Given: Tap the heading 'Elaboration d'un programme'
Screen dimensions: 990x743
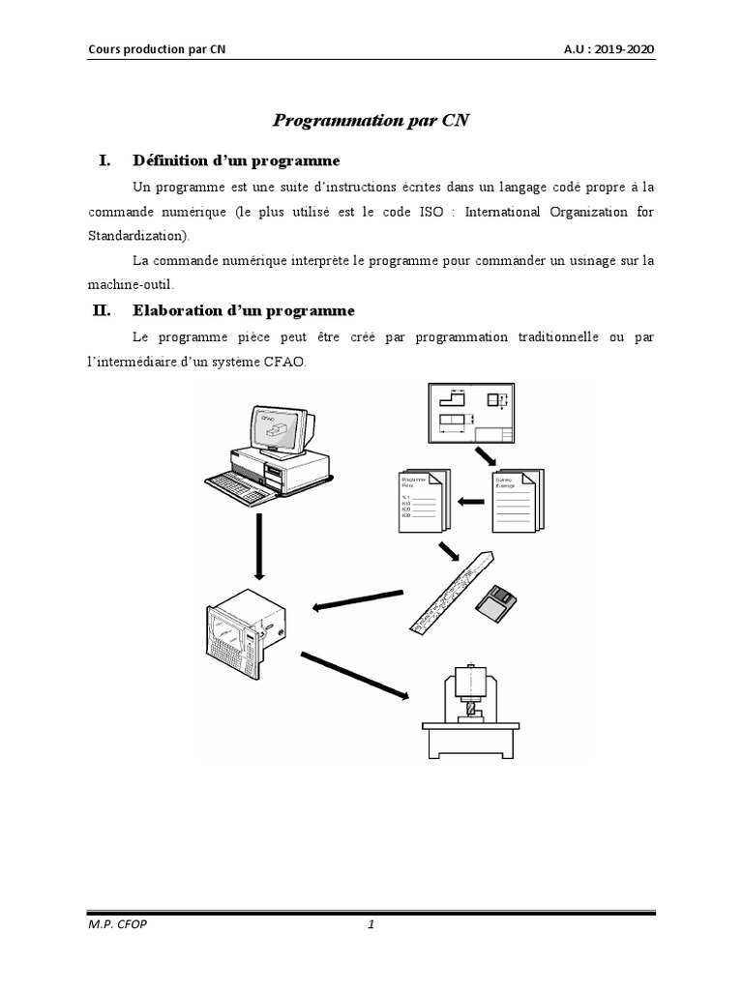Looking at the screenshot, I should [x=243, y=310].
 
